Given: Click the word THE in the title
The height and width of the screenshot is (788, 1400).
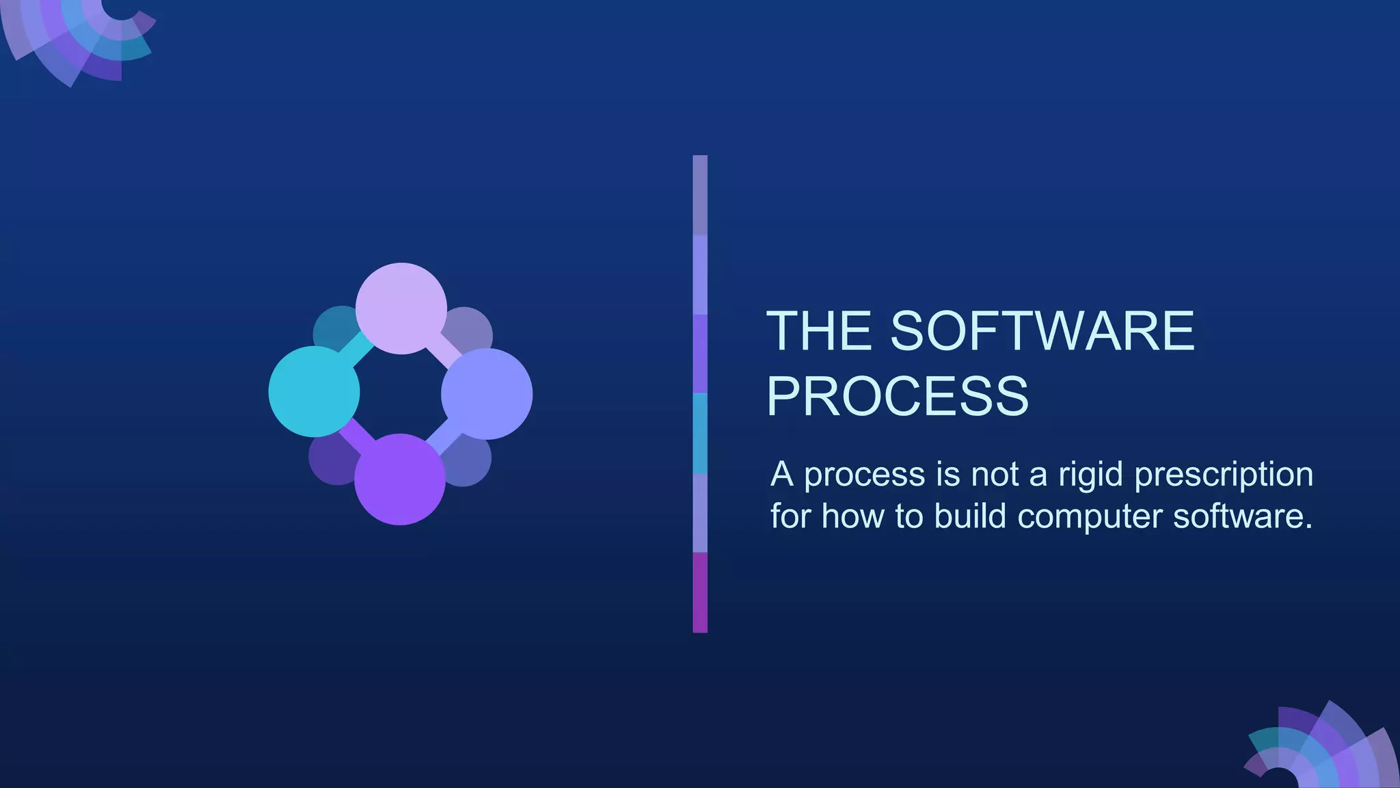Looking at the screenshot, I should point(819,332).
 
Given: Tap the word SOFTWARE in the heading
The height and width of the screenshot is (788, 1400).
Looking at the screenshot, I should point(1042,332).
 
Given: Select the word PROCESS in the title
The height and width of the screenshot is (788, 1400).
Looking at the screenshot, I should point(898,396).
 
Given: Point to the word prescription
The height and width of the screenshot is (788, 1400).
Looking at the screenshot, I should point(1224,475).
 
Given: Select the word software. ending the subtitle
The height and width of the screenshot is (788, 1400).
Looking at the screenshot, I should point(1243,516).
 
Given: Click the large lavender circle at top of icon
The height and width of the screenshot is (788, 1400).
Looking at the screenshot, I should point(401,308).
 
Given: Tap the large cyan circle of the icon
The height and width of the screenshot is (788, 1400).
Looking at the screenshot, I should point(314,391).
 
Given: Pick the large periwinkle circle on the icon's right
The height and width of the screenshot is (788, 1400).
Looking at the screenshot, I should point(487,393).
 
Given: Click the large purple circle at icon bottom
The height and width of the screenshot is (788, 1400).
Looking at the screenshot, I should point(400,480).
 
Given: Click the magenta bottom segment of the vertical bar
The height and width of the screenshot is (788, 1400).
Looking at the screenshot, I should point(700,592).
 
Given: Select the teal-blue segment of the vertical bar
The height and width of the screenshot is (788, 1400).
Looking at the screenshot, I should point(700,433).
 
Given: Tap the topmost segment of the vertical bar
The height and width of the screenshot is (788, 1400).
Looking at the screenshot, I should point(700,195).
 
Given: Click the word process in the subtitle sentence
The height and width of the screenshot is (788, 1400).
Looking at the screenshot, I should point(864,475).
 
